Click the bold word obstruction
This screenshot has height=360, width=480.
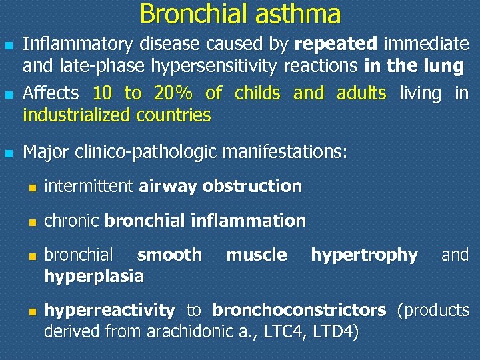[x=252, y=187]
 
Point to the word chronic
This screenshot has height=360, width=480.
[x=72, y=221]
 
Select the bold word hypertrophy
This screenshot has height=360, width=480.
[x=364, y=255]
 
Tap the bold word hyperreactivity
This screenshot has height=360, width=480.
[x=109, y=310]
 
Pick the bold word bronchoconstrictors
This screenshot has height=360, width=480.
[x=299, y=310]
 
